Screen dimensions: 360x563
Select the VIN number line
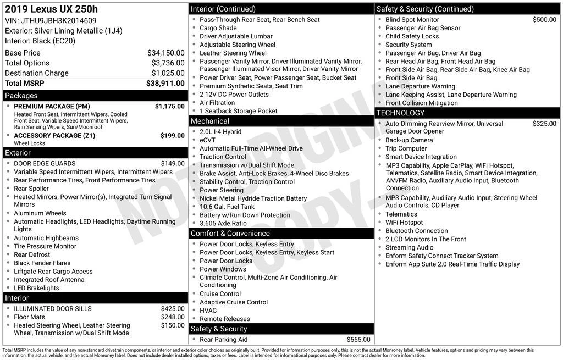(51, 21)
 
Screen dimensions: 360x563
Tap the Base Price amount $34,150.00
(165, 53)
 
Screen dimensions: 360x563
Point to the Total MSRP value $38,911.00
(165, 83)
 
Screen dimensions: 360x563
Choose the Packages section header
(21, 96)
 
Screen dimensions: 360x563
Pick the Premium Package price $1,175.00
(169, 106)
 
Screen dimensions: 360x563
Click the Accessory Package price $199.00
(172, 135)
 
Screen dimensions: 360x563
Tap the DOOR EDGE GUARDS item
(45, 163)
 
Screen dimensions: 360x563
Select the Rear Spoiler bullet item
(31, 189)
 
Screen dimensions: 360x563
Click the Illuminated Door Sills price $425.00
(173, 308)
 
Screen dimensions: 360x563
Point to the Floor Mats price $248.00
(173, 317)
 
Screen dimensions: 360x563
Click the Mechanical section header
(209, 121)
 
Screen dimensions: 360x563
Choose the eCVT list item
(207, 140)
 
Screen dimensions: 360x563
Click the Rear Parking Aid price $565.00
(358, 339)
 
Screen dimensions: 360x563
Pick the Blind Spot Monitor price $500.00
(544, 20)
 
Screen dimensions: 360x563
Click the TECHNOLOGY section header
(400, 113)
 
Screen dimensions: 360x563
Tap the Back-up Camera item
(409, 140)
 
